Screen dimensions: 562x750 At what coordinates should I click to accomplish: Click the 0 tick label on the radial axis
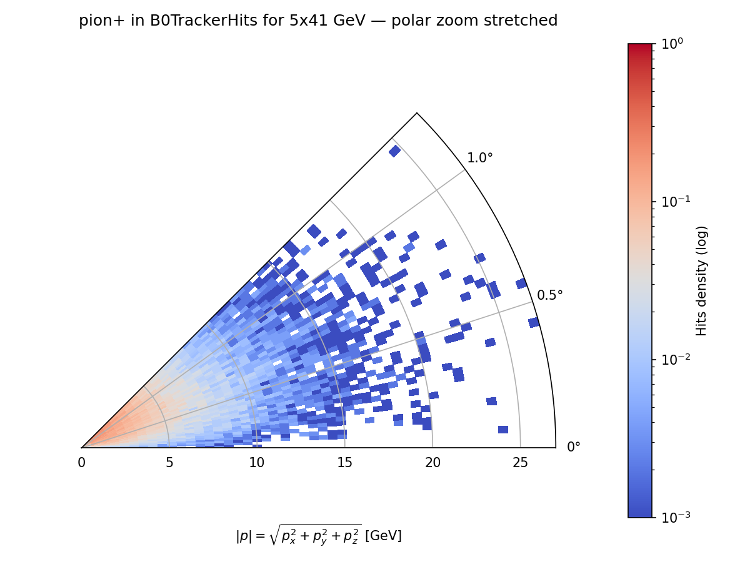point(81,463)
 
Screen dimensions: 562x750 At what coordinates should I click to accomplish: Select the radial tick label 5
point(169,463)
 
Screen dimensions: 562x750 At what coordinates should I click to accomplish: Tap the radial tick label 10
point(256,463)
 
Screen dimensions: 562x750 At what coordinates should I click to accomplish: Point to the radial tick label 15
point(344,463)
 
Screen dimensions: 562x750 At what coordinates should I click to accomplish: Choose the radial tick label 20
point(432,463)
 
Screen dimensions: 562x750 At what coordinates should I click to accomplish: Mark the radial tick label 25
point(520,463)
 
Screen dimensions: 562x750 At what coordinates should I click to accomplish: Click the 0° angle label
point(574,447)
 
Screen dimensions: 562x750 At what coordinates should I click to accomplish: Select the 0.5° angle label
point(550,295)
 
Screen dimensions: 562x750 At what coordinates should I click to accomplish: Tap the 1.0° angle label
point(480,158)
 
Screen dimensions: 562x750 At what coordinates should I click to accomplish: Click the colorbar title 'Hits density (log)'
point(702,280)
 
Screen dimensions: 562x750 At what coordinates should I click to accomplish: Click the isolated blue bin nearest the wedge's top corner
point(394,150)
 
